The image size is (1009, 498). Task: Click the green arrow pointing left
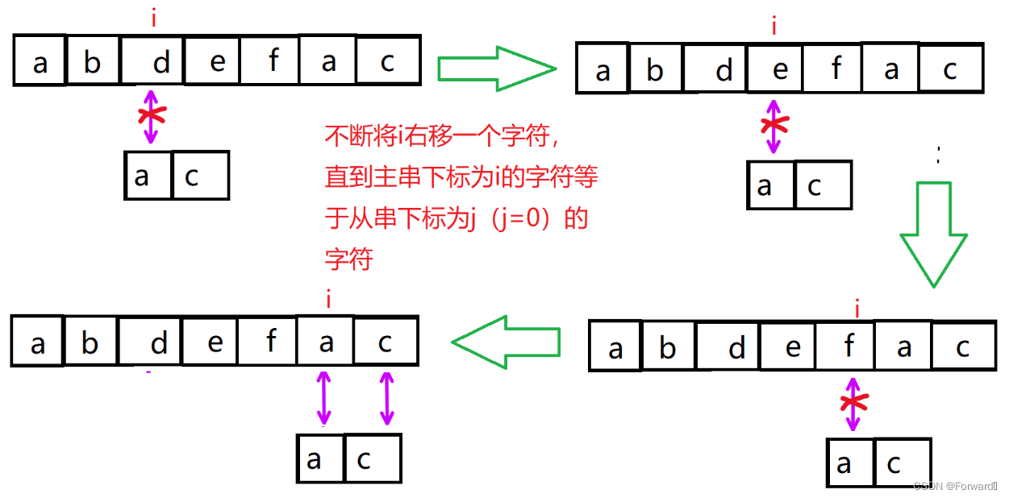pyautogui.click(x=506, y=342)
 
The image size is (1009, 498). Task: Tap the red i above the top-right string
pyautogui.click(x=774, y=27)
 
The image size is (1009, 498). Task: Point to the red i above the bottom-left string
pyautogui.click(x=328, y=301)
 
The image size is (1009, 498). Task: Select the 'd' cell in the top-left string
pyautogui.click(x=153, y=61)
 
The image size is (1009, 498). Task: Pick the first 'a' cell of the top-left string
pyautogui.click(x=40, y=61)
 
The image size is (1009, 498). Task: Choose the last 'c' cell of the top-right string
pyautogui.click(x=950, y=70)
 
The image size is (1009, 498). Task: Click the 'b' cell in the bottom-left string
pyautogui.click(x=90, y=343)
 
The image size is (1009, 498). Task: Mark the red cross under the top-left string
pyautogui.click(x=149, y=114)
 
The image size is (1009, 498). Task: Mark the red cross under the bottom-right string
pyautogui.click(x=853, y=403)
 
